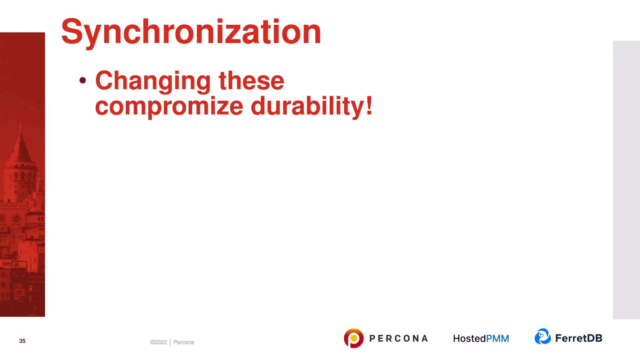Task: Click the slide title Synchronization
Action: pyautogui.click(x=191, y=32)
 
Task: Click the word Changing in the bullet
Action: pyautogui.click(x=153, y=81)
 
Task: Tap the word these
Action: pyautogui.click(x=252, y=81)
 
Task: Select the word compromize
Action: pyautogui.click(x=169, y=106)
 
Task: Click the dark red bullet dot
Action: pyautogui.click(x=83, y=80)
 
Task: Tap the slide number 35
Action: pyautogui.click(x=22, y=341)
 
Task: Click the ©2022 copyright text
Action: pyautogui.click(x=158, y=342)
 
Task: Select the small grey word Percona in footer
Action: pyautogui.click(x=183, y=342)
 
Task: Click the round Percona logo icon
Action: pyautogui.click(x=353, y=338)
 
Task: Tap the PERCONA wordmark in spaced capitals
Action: pyautogui.click(x=398, y=338)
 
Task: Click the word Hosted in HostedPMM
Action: pyautogui.click(x=469, y=338)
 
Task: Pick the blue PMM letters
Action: pyautogui.click(x=497, y=338)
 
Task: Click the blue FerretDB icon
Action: pyautogui.click(x=542, y=337)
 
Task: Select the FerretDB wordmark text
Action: pyautogui.click(x=578, y=338)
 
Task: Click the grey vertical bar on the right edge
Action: pyautogui.click(x=626, y=180)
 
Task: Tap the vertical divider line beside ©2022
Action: pyautogui.click(x=170, y=342)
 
